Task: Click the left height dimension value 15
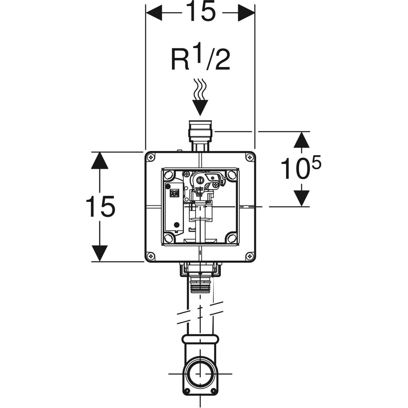point(100,206)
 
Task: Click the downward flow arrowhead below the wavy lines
point(200,107)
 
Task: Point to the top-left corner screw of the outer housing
point(151,157)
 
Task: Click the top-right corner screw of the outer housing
point(250,157)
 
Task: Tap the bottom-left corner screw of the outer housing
point(151,256)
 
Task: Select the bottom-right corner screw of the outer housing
point(250,256)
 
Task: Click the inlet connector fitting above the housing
point(200,136)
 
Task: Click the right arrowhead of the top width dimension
point(246,13)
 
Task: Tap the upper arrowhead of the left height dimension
point(100,161)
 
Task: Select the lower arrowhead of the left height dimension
point(100,253)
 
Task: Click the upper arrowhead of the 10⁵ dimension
point(302,140)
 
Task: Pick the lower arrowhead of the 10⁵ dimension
point(302,198)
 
